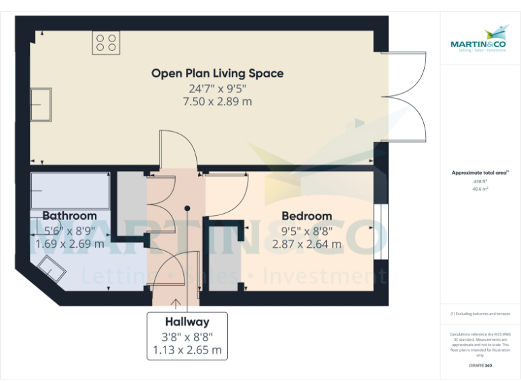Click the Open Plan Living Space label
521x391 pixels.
[217, 73]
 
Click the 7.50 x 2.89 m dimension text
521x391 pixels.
[217, 102]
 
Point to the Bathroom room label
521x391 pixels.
[69, 216]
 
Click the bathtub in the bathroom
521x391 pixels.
[70, 191]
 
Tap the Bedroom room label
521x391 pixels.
[307, 216]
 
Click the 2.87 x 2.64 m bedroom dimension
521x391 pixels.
[307, 244]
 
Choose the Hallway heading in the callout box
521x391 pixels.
[187, 322]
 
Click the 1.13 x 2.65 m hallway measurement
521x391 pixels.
[187, 350]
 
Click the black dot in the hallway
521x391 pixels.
[187, 209]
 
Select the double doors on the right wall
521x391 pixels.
[404, 96]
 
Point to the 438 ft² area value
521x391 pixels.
[480, 182]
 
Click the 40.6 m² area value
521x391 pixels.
[480, 189]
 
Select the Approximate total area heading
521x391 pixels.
[480, 173]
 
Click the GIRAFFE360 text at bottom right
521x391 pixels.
[480, 366]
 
